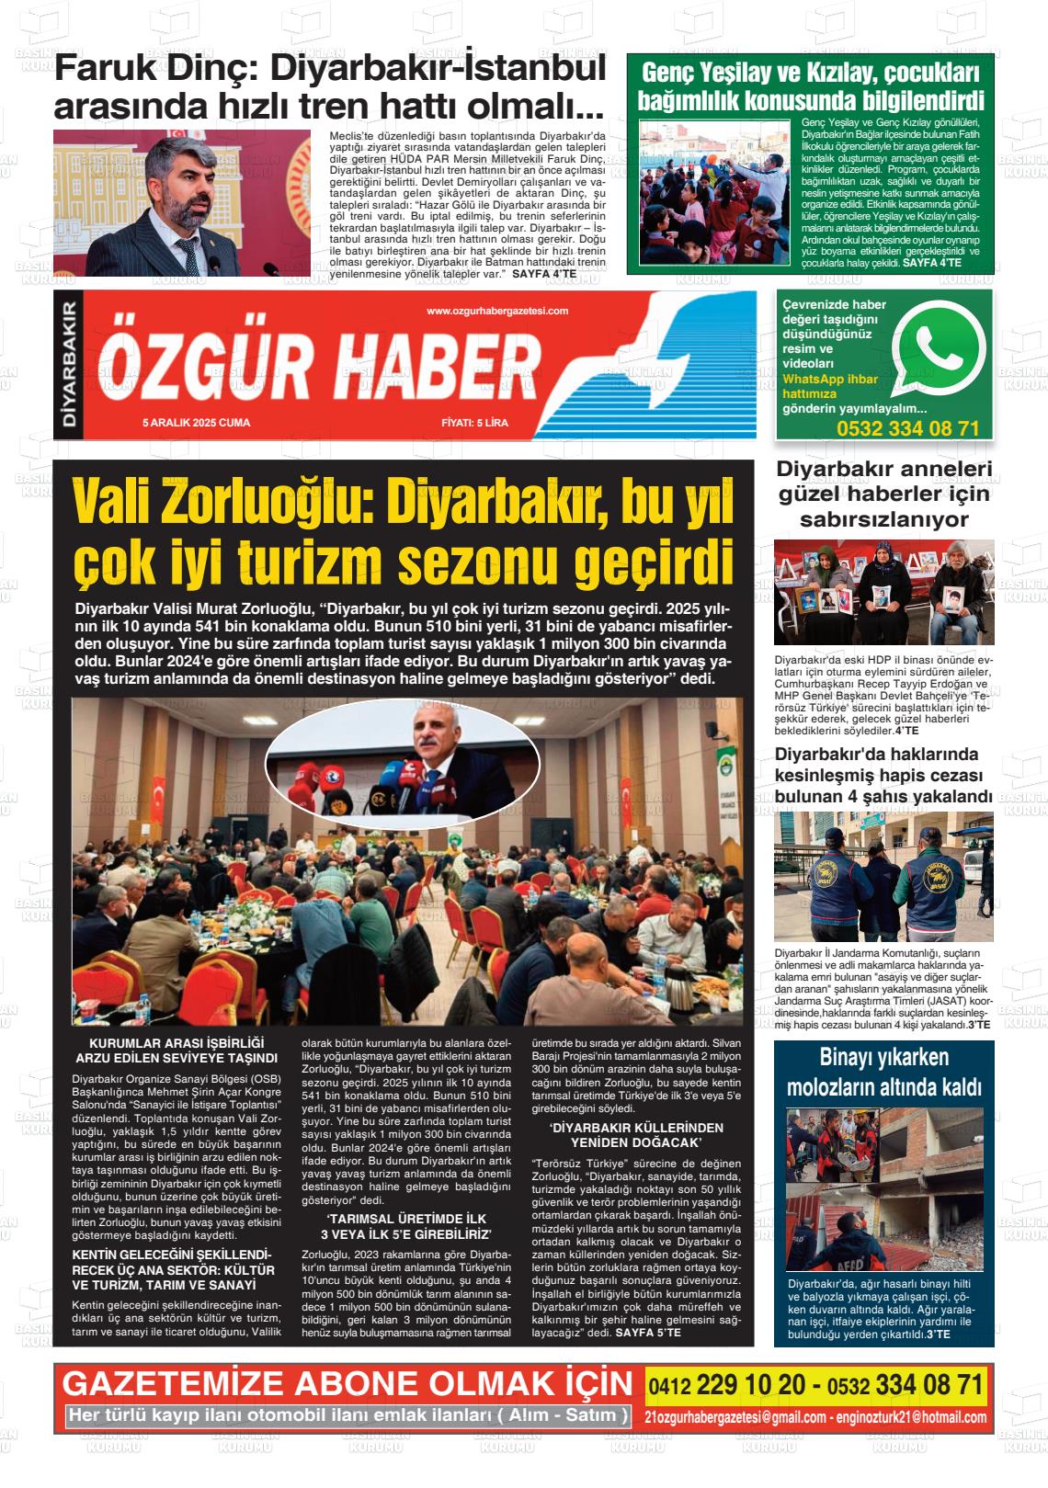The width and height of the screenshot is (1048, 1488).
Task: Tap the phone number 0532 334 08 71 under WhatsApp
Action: point(907,428)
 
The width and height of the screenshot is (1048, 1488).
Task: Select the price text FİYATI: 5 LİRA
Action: point(474,423)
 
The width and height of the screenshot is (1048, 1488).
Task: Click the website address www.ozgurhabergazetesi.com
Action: point(497,312)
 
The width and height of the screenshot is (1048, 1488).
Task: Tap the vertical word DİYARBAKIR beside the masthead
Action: point(68,365)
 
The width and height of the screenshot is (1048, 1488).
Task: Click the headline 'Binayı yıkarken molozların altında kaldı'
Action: point(883,1072)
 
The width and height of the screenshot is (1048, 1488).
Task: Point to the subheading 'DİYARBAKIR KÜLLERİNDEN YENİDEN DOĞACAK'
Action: point(636,1134)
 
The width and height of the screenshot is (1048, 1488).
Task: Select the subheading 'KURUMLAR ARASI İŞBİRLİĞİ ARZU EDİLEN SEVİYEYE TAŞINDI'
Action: point(176,1050)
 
